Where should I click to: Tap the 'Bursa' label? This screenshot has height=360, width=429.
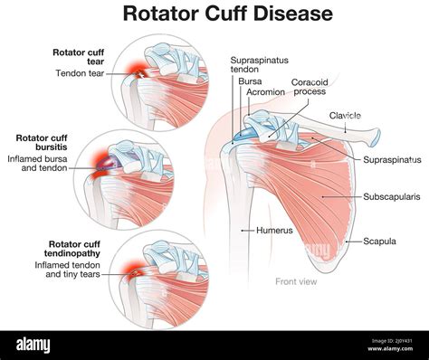(250, 81)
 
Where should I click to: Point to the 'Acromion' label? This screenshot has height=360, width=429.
(262, 92)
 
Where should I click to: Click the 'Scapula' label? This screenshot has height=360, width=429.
(379, 242)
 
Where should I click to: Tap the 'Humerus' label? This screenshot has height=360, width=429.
(274, 231)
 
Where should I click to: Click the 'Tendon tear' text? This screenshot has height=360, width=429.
(81, 72)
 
